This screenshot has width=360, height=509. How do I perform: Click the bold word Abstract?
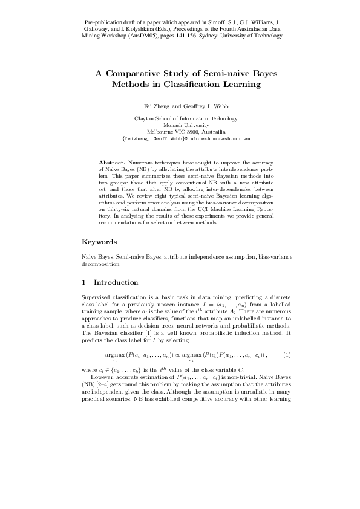pyautogui.click(x=112, y=163)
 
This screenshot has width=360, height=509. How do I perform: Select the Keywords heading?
pyautogui.click(x=99, y=242)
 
